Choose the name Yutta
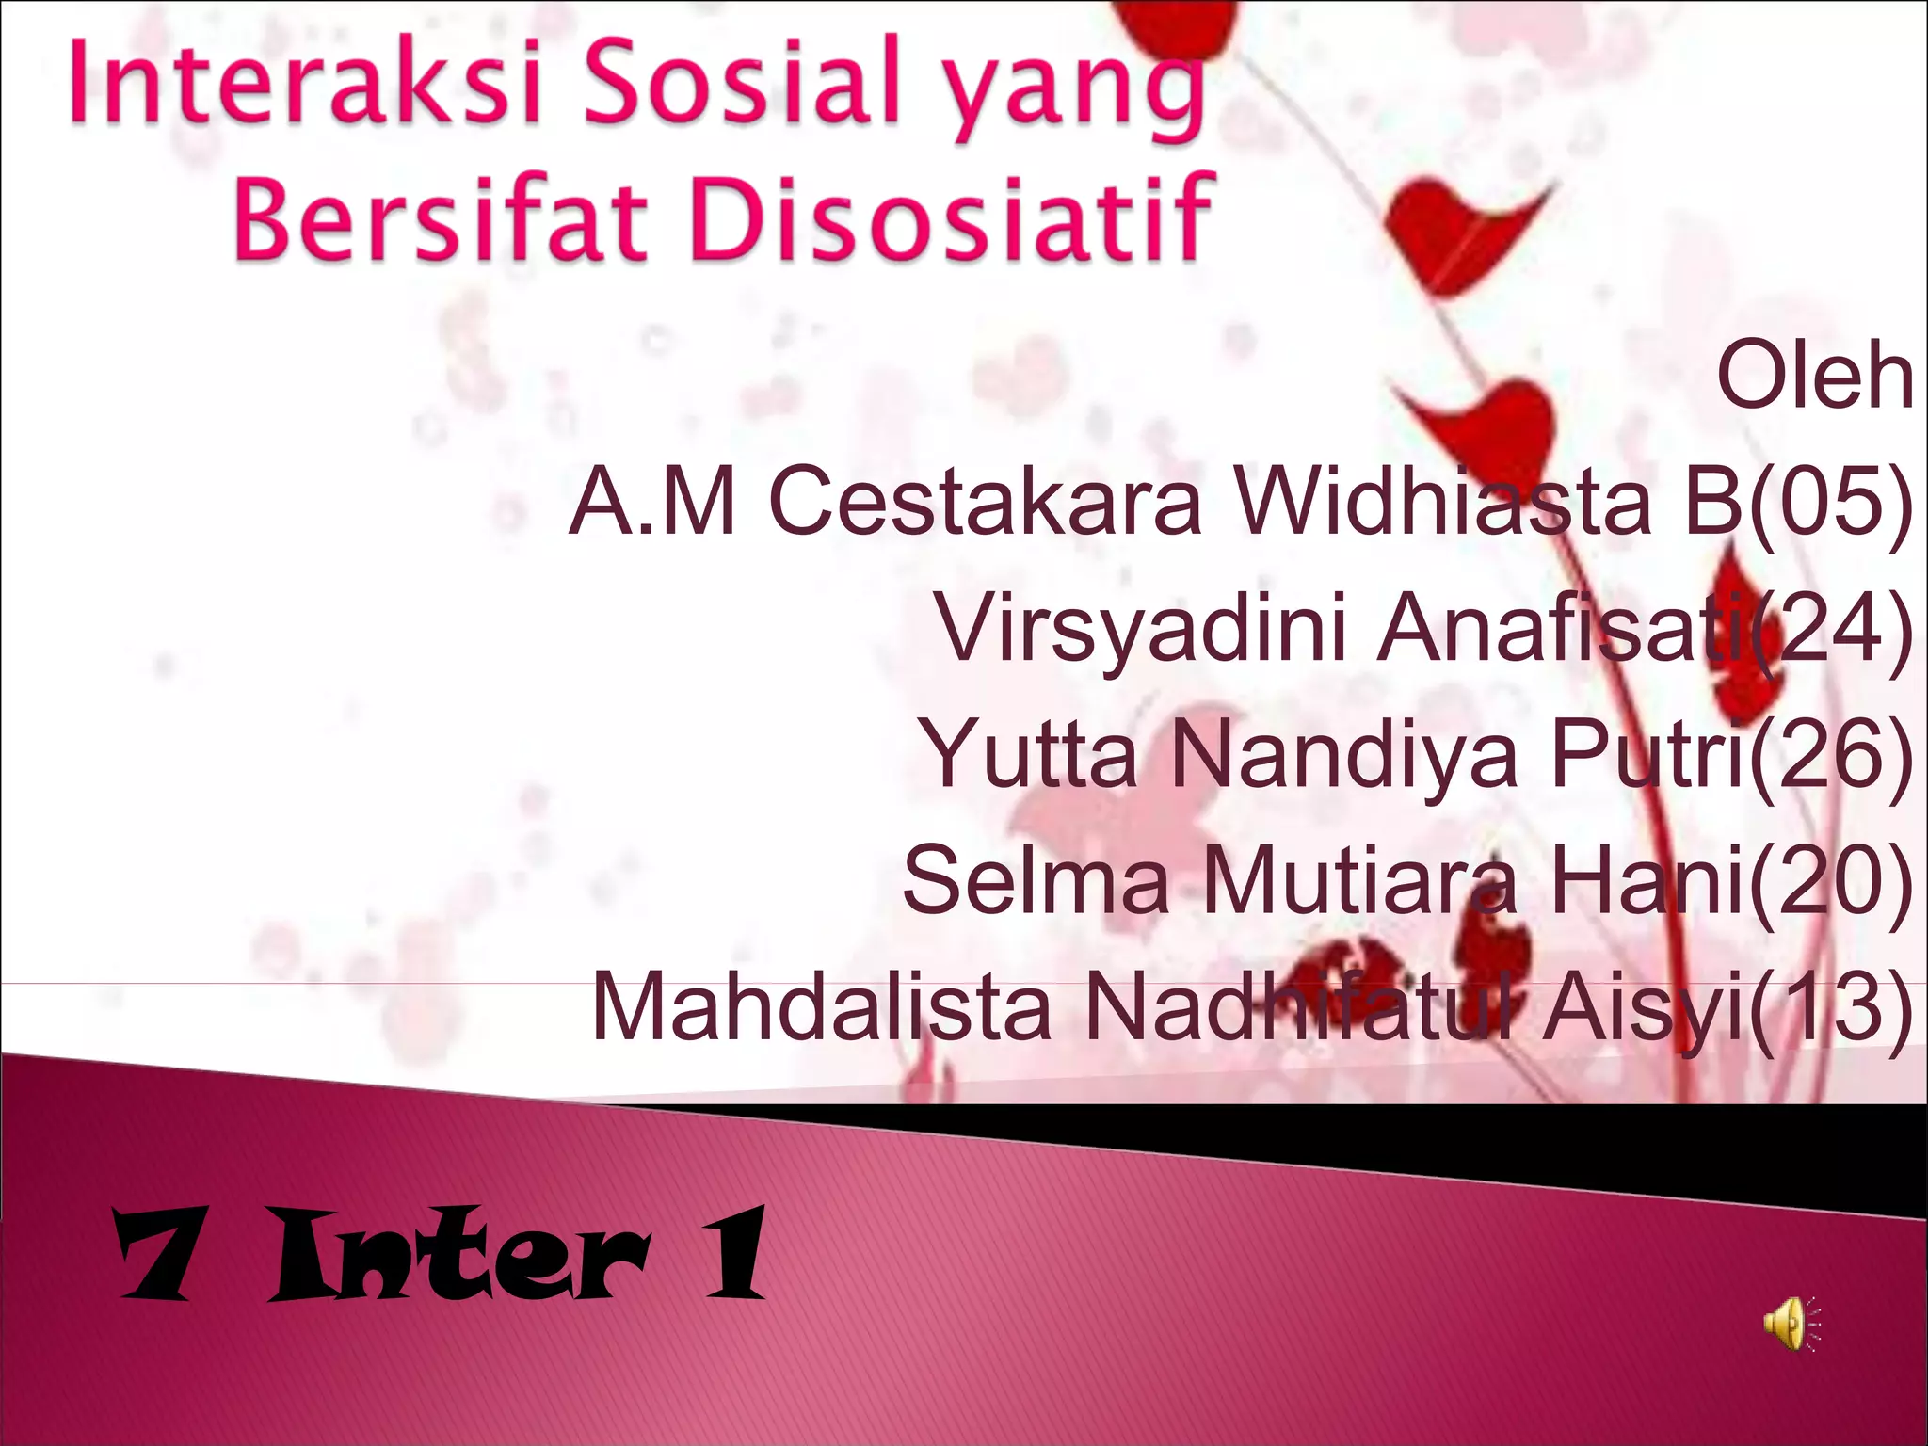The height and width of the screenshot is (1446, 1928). [1030, 755]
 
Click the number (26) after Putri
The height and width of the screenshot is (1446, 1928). [1830, 755]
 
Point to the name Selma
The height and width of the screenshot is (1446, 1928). [1036, 881]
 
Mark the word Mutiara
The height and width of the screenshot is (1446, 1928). [1359, 881]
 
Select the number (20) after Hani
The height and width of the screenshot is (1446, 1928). [1830, 881]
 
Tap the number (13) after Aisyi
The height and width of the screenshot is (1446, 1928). [1830, 1007]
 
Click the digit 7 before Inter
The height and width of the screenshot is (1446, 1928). [155, 1256]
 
